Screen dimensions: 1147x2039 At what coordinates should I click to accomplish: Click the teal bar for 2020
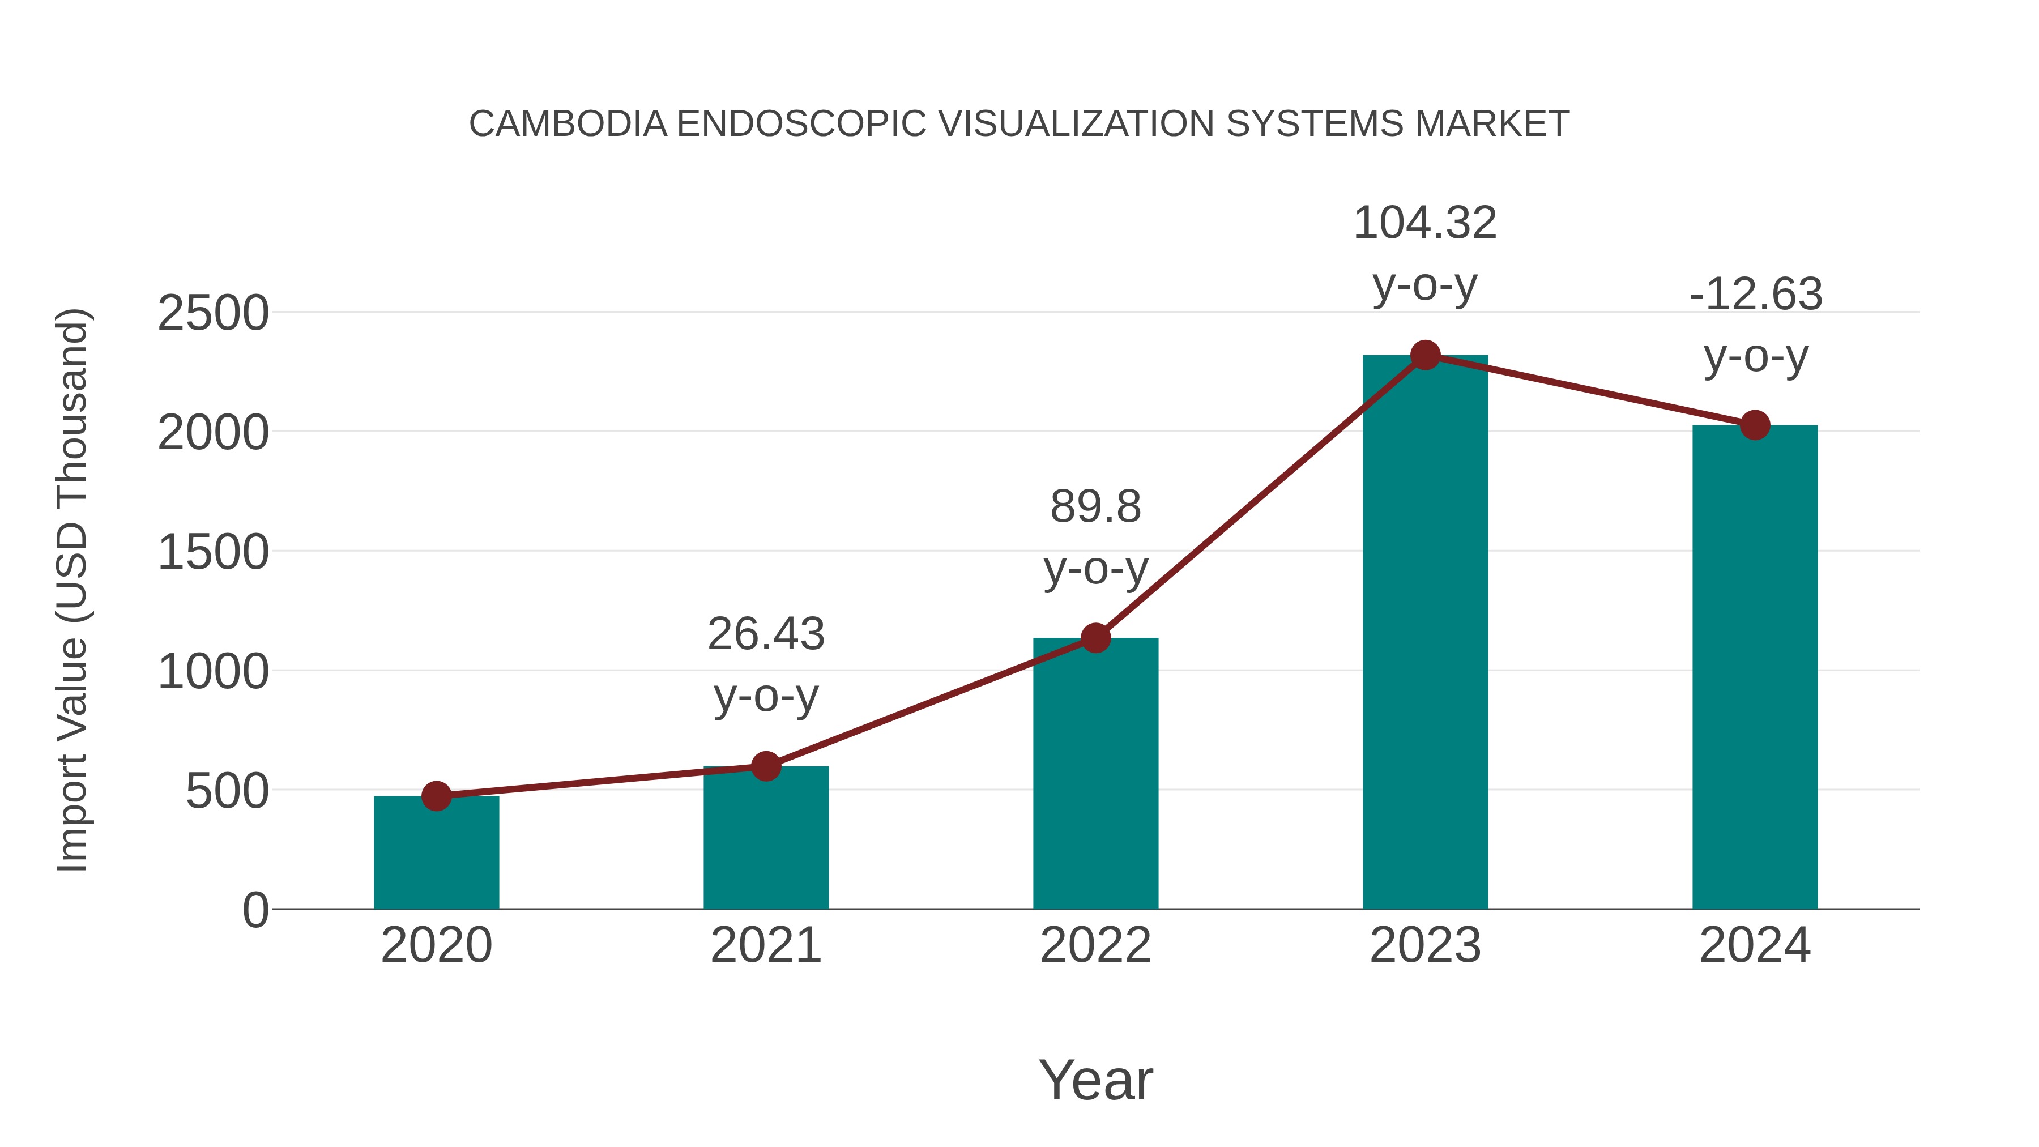[x=436, y=855]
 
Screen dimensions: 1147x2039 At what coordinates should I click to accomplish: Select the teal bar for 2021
[x=765, y=839]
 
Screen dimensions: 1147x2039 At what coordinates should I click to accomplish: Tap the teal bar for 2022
[x=1095, y=776]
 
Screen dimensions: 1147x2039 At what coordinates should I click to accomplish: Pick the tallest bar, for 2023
[x=1425, y=633]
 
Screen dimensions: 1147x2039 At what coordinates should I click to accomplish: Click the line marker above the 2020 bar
[x=436, y=796]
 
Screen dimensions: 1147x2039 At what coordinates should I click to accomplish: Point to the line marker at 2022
[x=1095, y=638]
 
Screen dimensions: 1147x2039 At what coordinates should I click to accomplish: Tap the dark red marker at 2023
[x=1425, y=355]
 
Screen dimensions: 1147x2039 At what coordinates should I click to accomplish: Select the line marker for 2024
[x=1755, y=425]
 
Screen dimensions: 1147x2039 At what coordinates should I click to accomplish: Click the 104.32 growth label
[x=1425, y=223]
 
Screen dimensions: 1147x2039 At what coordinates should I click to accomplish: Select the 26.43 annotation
[x=765, y=635]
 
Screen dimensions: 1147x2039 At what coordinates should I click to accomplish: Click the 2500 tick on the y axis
[x=213, y=313]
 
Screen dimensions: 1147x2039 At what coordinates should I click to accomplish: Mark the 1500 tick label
[x=213, y=552]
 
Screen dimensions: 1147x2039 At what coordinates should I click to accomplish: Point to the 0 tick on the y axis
[x=255, y=910]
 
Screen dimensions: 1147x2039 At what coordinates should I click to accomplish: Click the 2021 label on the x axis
[x=765, y=945]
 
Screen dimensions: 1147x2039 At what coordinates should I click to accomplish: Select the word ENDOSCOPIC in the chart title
[x=801, y=124]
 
